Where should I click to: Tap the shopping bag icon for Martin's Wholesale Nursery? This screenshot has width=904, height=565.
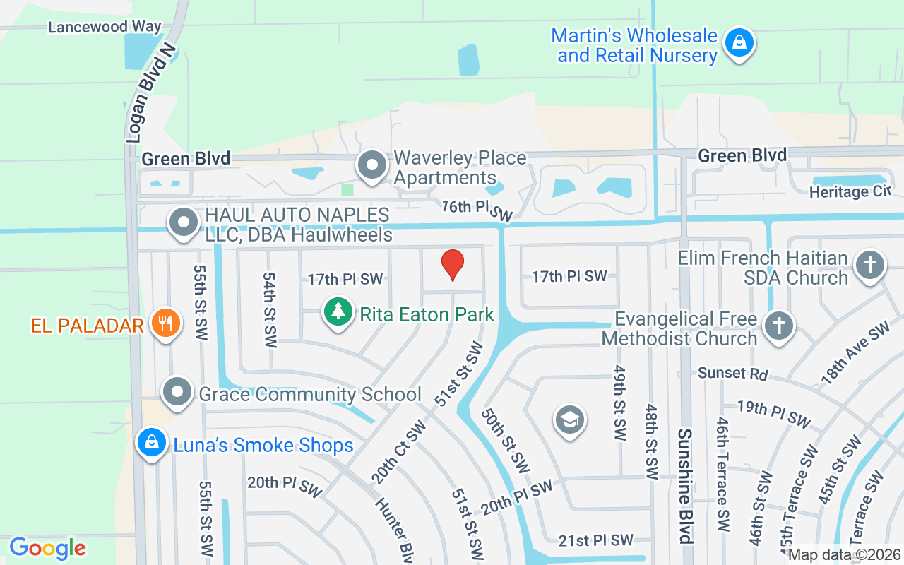tap(739, 42)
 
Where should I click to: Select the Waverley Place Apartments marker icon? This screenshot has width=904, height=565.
tap(372, 166)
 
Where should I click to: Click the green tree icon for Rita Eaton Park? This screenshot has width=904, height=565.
tap(338, 311)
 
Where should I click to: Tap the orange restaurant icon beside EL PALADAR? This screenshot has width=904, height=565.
tap(165, 323)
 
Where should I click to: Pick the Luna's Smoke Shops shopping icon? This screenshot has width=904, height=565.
tap(151, 443)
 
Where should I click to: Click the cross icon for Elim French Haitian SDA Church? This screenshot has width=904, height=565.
tap(869, 266)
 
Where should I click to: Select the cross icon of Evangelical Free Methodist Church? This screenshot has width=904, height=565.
tap(779, 326)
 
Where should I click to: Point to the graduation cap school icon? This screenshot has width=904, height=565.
tap(569, 420)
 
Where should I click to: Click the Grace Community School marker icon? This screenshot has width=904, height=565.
tap(177, 391)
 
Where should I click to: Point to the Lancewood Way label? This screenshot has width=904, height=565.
tap(105, 27)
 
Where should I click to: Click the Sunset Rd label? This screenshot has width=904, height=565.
tap(732, 373)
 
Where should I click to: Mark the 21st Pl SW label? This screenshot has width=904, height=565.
tap(596, 540)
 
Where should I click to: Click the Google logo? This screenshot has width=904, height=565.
tap(47, 548)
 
